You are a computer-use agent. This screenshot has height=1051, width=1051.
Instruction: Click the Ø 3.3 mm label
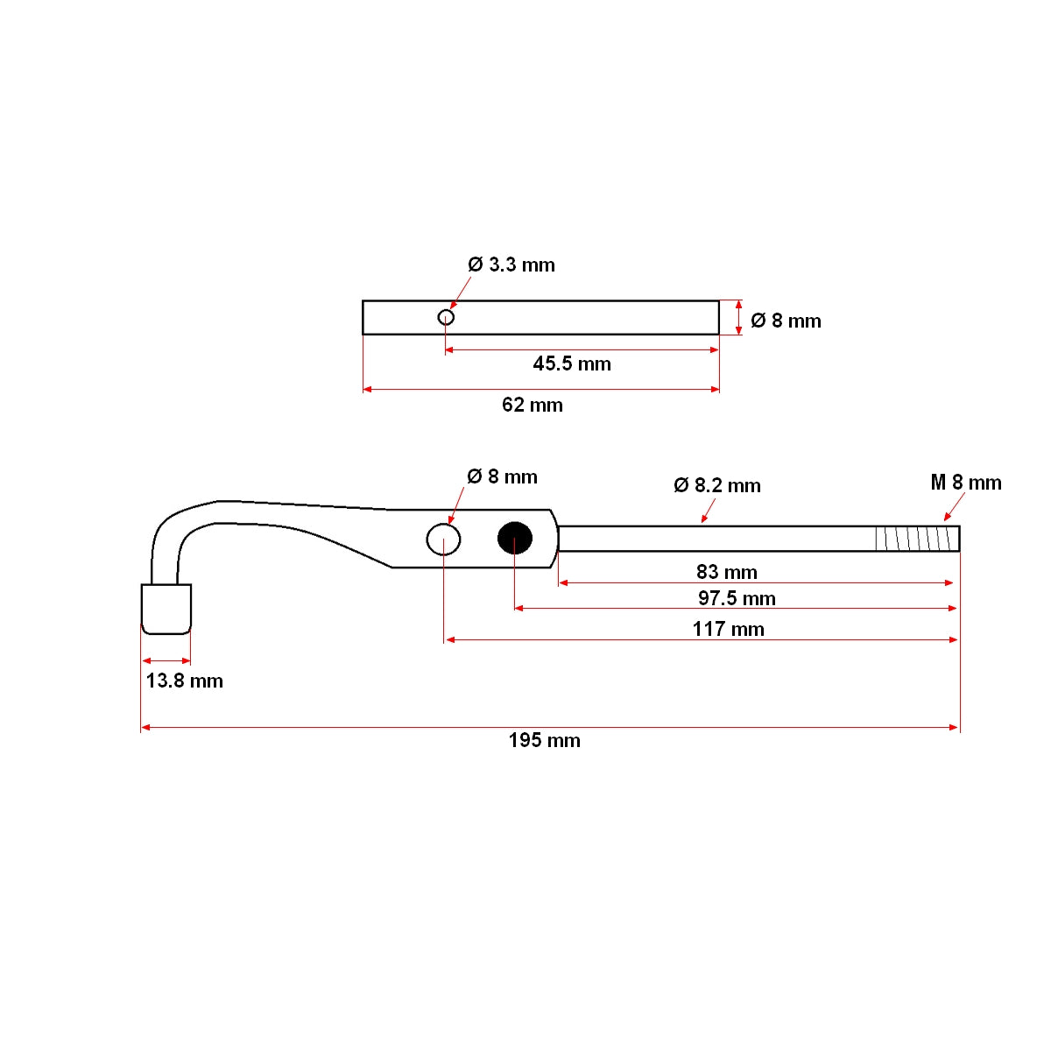pyautogui.click(x=511, y=265)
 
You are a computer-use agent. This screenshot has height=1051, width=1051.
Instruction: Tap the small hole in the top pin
pyautogui.click(x=446, y=317)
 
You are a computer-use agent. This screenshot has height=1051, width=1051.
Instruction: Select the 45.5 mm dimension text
pyautogui.click(x=572, y=363)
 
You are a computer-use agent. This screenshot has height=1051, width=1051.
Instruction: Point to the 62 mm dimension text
pyautogui.click(x=533, y=405)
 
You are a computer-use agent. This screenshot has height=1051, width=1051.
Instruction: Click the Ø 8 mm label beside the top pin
pyautogui.click(x=786, y=321)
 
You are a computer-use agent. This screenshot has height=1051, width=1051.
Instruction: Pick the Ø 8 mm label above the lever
pyautogui.click(x=502, y=476)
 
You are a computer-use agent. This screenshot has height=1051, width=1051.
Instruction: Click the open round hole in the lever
pyautogui.click(x=444, y=539)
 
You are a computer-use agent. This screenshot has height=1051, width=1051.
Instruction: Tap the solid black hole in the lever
pyautogui.click(x=515, y=539)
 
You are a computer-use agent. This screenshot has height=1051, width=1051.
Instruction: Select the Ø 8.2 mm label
pyautogui.click(x=717, y=485)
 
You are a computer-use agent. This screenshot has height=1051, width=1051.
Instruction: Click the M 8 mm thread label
pyautogui.click(x=965, y=483)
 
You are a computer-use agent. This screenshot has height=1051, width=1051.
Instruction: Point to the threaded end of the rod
pyautogui.click(x=916, y=539)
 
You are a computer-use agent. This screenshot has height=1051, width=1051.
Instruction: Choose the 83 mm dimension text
pyautogui.click(x=727, y=572)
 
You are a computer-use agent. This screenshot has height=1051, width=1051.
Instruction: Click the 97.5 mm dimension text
pyautogui.click(x=737, y=598)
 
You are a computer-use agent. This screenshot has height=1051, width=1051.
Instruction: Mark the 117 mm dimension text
pyautogui.click(x=728, y=629)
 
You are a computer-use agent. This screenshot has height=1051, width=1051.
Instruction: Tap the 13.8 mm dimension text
pyautogui.click(x=184, y=681)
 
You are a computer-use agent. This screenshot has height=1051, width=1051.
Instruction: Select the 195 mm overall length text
pyautogui.click(x=544, y=740)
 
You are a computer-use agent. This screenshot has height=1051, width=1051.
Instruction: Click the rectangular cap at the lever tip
pyautogui.click(x=166, y=609)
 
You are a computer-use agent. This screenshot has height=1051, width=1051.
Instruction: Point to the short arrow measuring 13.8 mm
pyautogui.click(x=166, y=660)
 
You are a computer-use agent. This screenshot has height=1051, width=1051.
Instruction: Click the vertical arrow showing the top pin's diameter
pyautogui.click(x=739, y=317)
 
